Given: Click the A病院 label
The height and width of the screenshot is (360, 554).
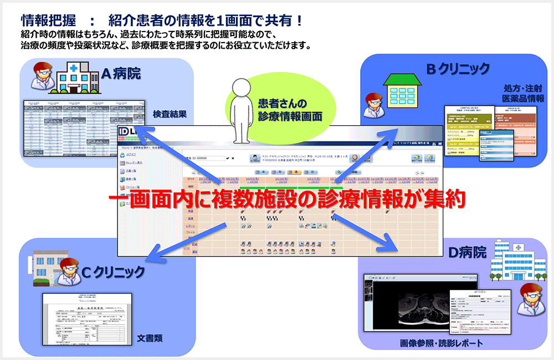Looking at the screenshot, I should [x=120, y=72].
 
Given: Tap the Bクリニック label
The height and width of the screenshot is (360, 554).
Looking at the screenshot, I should [x=457, y=68].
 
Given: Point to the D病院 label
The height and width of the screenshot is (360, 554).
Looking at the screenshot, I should [x=467, y=253].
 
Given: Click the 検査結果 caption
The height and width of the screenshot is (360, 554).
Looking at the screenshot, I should [x=170, y=115].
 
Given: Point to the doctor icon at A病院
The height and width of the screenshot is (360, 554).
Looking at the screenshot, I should [x=42, y=76].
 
